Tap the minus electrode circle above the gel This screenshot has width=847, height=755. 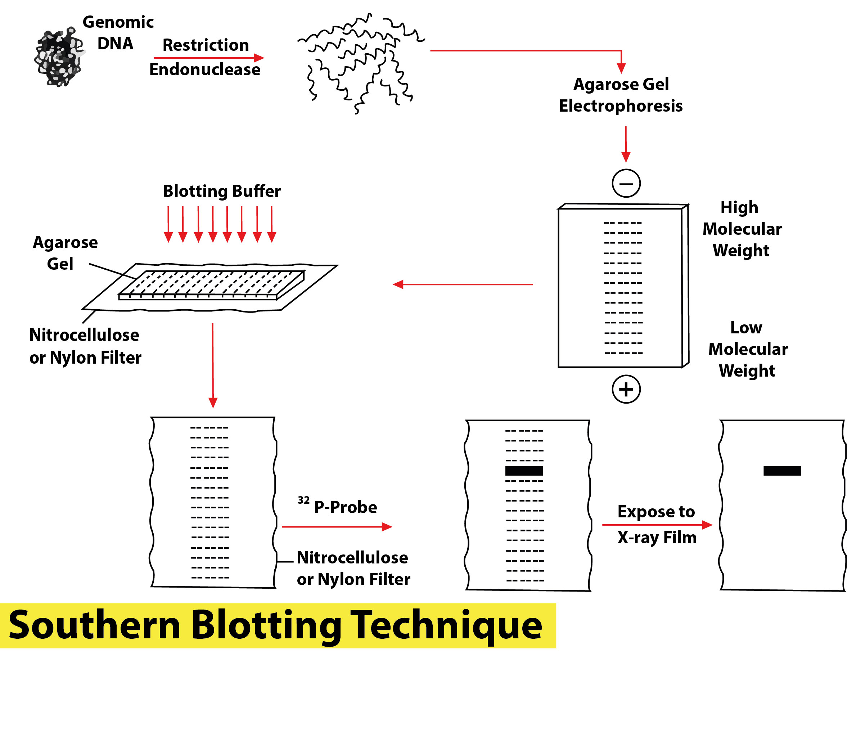[x=626, y=183]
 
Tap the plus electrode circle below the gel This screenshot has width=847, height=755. [x=626, y=389]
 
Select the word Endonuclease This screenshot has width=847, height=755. [x=204, y=69]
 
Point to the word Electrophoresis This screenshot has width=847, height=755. [x=621, y=106]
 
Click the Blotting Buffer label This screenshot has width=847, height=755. [x=221, y=191]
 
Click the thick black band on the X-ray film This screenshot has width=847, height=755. [x=782, y=471]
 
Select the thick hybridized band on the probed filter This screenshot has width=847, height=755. [x=524, y=471]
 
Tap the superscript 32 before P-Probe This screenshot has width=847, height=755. [x=303, y=500]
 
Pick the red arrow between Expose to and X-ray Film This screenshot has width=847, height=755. [x=657, y=525]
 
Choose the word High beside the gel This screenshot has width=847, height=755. [x=739, y=207]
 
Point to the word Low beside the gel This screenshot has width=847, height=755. [x=746, y=328]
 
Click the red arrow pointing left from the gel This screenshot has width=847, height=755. [x=463, y=284]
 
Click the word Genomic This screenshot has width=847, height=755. [x=118, y=22]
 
